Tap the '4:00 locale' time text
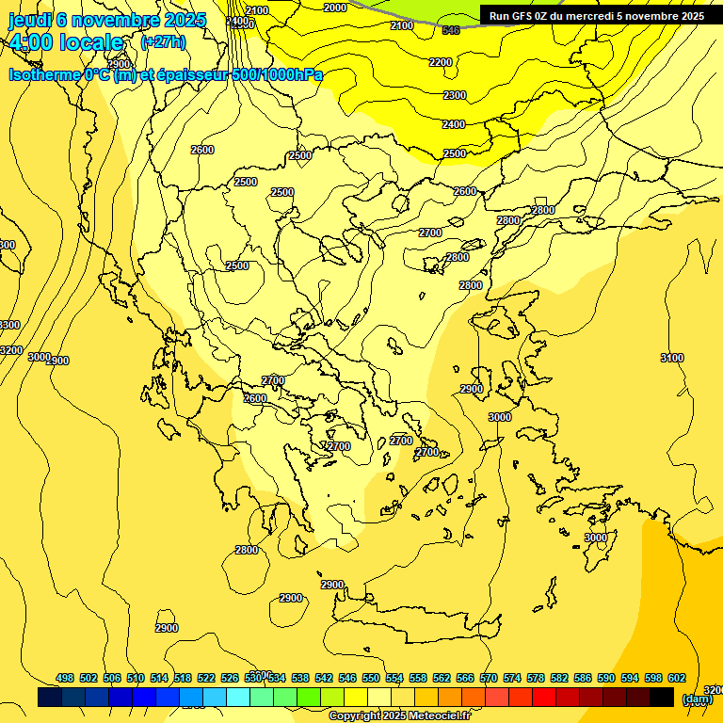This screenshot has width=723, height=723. pos(65,43)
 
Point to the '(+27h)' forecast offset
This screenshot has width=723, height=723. pos(163,42)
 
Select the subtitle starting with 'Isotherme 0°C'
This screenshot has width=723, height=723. pos(166,74)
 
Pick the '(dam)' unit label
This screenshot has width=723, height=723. pos(697,699)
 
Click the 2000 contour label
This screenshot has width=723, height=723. pos(335,8)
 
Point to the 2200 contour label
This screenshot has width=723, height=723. pos(441,62)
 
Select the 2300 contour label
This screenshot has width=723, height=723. pos(455,95)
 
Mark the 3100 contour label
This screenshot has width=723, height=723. pos(672,358)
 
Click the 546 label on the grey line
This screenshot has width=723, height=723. pos(451,30)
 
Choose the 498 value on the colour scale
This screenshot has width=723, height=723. pos(65,678)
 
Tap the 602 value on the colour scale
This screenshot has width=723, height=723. pos(677,678)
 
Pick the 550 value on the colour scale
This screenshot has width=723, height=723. pos(371,678)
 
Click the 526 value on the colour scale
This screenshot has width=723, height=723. pos(230,678)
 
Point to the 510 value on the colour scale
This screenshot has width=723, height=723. pos(136,678)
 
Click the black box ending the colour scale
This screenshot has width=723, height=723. pos(662,698)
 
